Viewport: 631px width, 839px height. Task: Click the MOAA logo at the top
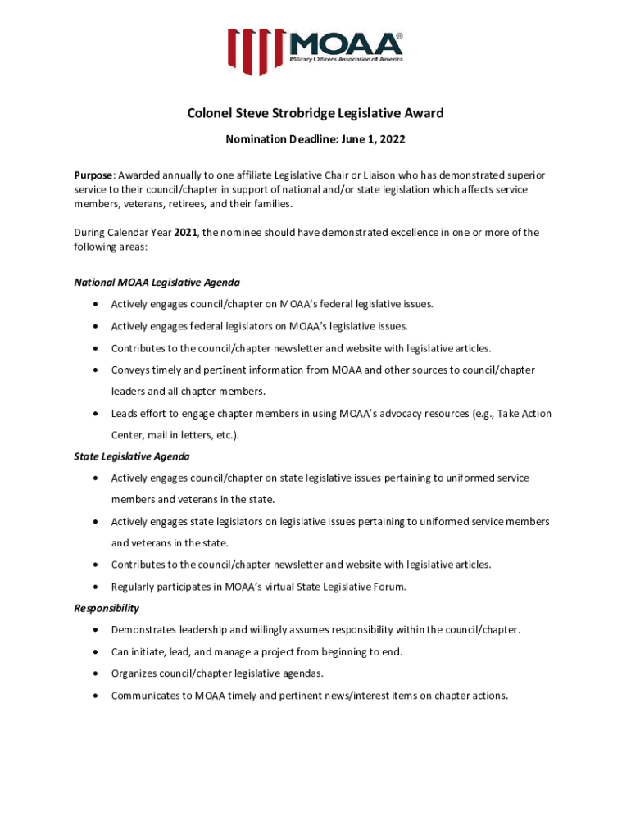pyautogui.click(x=315, y=52)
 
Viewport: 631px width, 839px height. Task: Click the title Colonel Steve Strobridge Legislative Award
pyautogui.click(x=315, y=113)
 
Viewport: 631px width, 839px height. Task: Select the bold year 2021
pyautogui.click(x=186, y=233)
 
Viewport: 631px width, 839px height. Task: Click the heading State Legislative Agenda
pyautogui.click(x=132, y=456)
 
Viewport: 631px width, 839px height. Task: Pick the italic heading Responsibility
pyautogui.click(x=107, y=608)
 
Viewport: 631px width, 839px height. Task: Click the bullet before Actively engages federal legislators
pyautogui.click(x=96, y=326)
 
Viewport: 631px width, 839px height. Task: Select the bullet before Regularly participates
pyautogui.click(x=96, y=587)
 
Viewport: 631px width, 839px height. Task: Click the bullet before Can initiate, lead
pyautogui.click(x=96, y=652)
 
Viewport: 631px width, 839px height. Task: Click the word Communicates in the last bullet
pyautogui.click(x=145, y=696)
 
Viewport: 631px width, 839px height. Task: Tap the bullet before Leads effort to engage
pyautogui.click(x=96, y=414)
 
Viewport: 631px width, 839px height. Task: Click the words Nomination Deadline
pyautogui.click(x=275, y=140)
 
